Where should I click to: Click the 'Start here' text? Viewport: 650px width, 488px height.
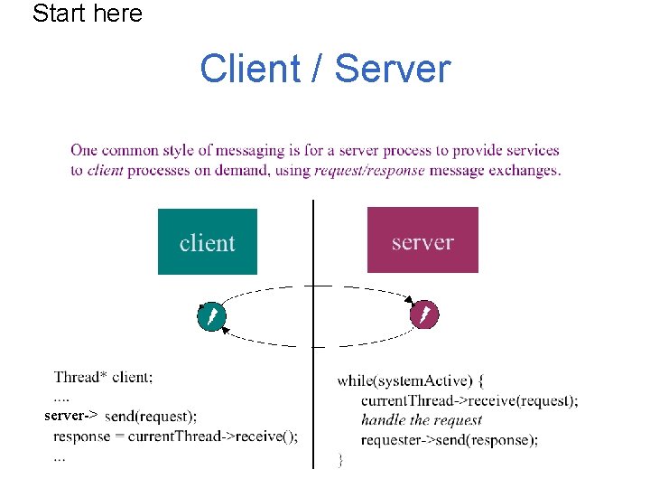[x=88, y=14]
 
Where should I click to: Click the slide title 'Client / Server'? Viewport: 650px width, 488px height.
[x=324, y=69]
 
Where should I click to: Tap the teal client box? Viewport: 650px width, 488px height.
[x=207, y=241]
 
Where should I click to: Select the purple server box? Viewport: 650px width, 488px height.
[x=422, y=240]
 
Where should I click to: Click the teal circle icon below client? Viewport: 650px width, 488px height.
[x=209, y=316]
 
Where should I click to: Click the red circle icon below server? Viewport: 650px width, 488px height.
[x=424, y=314]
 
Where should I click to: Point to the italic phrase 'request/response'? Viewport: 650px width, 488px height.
[x=369, y=170]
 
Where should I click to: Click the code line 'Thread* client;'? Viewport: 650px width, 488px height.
[x=103, y=377]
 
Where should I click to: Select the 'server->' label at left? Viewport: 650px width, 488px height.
[x=70, y=416]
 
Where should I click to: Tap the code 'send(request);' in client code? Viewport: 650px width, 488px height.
[x=151, y=417]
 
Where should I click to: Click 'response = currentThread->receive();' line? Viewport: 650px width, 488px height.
[x=175, y=436]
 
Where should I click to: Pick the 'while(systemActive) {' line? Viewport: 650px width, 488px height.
[x=411, y=380]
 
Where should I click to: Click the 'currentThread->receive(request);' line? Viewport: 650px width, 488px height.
[x=469, y=400]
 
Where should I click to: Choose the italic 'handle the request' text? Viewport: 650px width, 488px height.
[x=422, y=420]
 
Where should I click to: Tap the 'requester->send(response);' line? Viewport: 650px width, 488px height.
[x=450, y=440]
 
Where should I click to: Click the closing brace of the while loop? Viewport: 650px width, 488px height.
[x=340, y=460]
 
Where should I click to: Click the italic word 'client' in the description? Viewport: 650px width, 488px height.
[x=106, y=170]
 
